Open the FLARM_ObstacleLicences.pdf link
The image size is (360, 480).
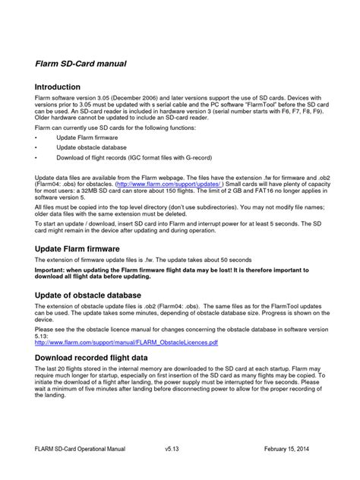point(127,343)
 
